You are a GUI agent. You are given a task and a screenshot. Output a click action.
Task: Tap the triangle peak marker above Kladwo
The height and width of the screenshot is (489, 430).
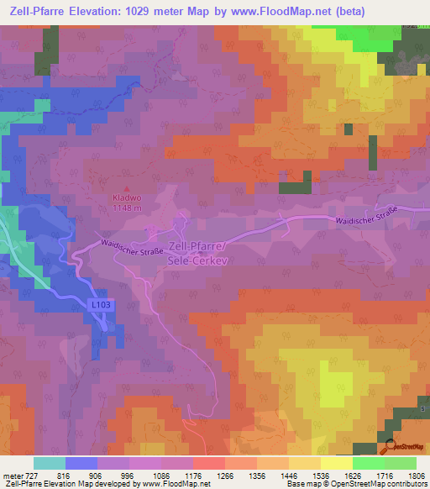[x=127, y=190]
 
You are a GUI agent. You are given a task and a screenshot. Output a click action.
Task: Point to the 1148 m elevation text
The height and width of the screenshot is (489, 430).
[x=127, y=208]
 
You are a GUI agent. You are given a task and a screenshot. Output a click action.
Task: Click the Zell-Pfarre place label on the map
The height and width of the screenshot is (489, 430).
[x=200, y=245]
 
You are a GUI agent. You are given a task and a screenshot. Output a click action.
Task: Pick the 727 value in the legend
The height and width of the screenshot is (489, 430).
[x=30, y=475]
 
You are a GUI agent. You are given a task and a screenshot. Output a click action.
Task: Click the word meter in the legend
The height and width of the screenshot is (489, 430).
[x=10, y=475]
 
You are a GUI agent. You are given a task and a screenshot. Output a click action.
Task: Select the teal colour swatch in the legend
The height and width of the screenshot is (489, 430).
[x=50, y=463]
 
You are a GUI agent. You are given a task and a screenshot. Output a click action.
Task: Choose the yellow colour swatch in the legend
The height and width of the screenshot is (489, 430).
[x=337, y=463]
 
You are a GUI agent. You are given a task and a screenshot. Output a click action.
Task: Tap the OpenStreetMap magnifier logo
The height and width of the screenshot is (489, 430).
[x=388, y=446]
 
